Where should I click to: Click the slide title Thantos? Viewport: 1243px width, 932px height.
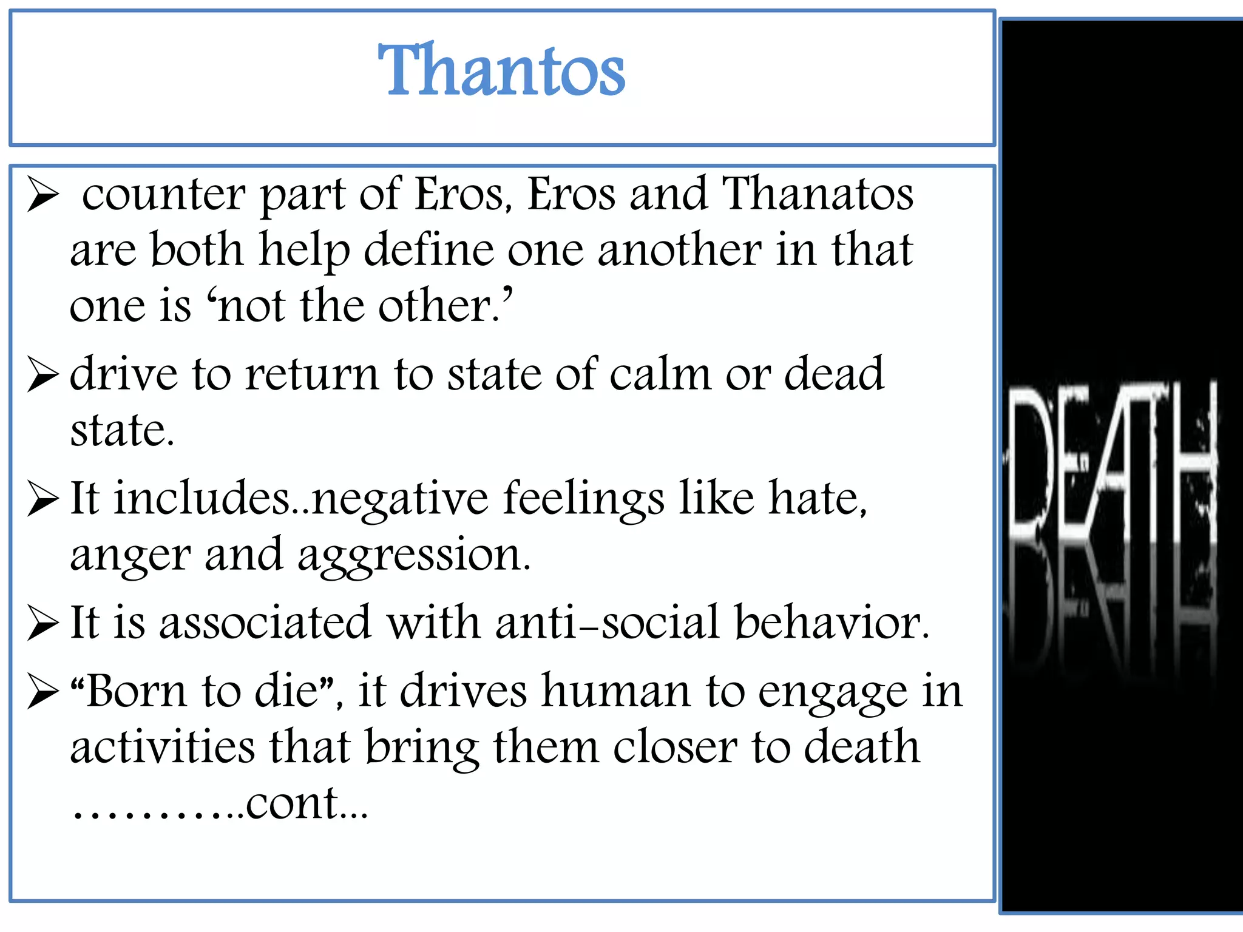501,70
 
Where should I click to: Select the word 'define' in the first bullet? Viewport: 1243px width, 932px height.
428,250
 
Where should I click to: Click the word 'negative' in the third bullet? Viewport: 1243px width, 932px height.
400,499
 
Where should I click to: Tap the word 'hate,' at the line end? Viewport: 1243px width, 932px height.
818,499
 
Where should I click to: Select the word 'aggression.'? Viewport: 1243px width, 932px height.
414,556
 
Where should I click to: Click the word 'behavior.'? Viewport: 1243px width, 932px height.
832,623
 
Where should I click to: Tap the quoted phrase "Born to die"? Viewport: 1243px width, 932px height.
203,691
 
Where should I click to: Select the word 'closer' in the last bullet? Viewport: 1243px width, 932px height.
675,747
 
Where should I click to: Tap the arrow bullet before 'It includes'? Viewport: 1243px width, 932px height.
42,500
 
